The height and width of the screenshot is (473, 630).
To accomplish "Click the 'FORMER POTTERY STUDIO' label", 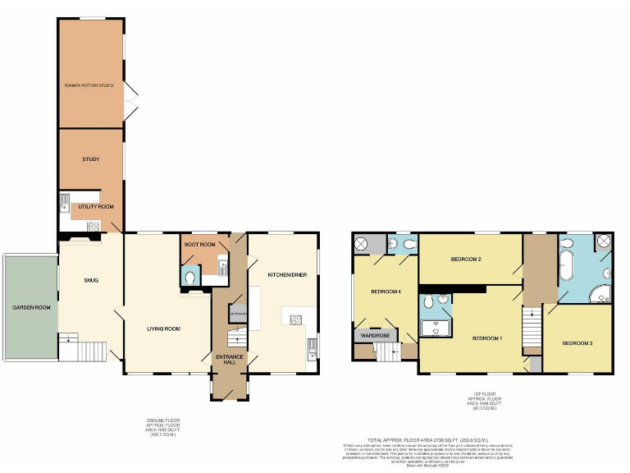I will click(x=90, y=85).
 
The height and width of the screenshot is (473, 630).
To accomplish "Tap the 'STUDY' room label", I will click(x=90, y=159).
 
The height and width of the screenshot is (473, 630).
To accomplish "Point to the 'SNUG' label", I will click(x=90, y=280).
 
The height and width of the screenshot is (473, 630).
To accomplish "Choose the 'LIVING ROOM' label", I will click(x=163, y=328).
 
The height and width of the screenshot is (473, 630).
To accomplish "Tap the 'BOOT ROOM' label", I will click(x=199, y=245).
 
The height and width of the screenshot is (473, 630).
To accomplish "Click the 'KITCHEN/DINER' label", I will click(x=287, y=274).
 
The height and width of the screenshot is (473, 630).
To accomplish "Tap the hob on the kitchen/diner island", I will click(x=296, y=319).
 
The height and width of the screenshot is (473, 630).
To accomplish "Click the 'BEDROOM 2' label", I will click(x=466, y=259).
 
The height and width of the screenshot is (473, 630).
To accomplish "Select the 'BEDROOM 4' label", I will click(x=386, y=292).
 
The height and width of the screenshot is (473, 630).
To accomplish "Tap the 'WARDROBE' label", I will click(x=373, y=335).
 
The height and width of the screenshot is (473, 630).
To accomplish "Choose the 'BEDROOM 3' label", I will click(x=577, y=342).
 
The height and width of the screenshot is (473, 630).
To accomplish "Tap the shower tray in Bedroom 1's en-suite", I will click(x=431, y=328).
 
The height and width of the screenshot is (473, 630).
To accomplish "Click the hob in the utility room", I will click(x=93, y=226).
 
